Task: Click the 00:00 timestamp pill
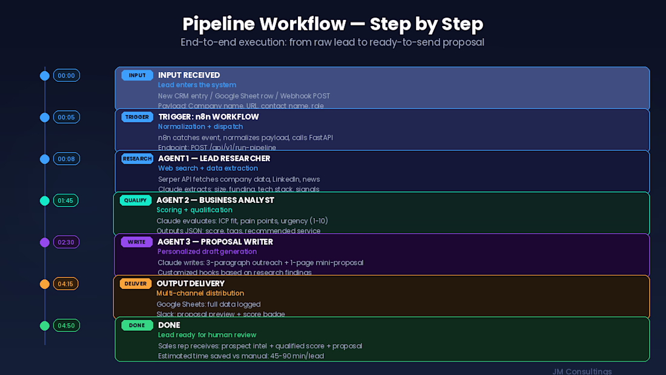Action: (67, 76)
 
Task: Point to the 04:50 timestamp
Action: (67, 325)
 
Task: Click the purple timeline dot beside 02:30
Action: (45, 242)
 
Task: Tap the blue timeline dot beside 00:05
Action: (45, 118)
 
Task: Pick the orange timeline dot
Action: (45, 284)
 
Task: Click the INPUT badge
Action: (137, 76)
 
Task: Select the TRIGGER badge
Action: (137, 117)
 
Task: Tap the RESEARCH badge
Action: (137, 159)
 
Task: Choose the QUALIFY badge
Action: (136, 201)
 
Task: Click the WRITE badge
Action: (137, 242)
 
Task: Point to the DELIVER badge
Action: (136, 284)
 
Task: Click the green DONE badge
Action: (137, 325)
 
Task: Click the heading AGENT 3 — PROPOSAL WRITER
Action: (215, 242)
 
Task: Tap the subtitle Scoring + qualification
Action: (194, 210)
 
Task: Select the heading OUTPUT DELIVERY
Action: (190, 284)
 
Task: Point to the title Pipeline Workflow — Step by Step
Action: (333, 24)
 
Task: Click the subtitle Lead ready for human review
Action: (207, 335)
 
